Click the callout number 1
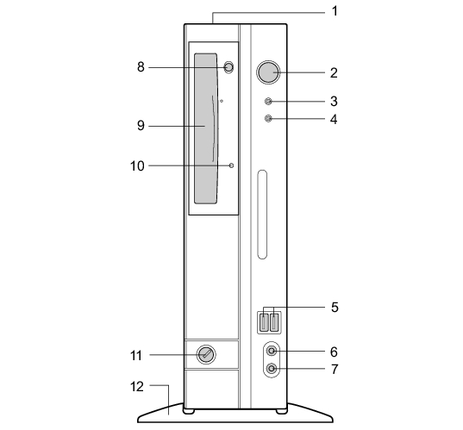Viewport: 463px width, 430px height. tap(335, 11)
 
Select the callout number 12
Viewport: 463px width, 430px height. tap(137, 387)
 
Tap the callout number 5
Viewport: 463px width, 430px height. tap(335, 308)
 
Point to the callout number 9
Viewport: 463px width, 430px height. tap(141, 126)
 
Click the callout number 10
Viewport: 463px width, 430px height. tap(137, 165)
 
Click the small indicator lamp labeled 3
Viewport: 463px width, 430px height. tap(268, 101)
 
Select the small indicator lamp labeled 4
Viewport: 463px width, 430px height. tap(268, 119)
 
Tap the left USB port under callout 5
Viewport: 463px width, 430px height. tap(265, 322)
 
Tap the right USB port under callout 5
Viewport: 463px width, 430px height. tap(275, 322)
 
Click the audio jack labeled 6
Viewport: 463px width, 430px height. tap(272, 351)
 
